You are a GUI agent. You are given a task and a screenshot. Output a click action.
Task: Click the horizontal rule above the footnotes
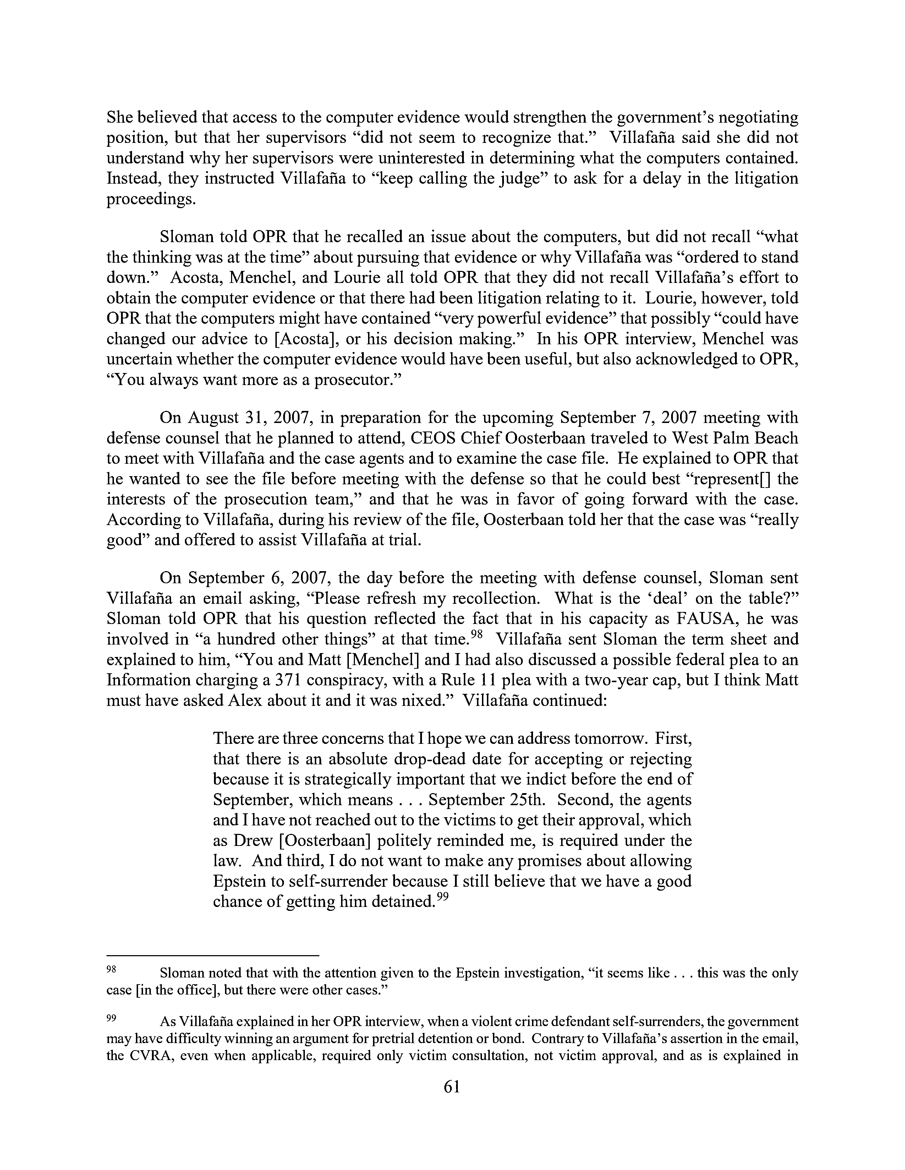coord(213,955)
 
